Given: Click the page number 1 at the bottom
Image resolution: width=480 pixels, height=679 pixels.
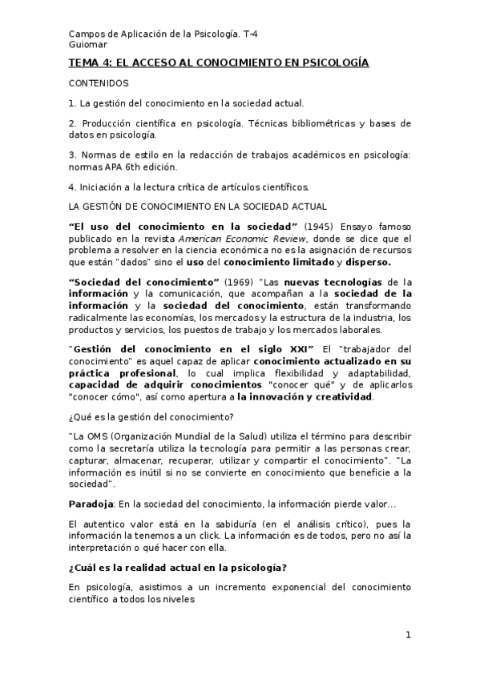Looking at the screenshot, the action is [x=408, y=636].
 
